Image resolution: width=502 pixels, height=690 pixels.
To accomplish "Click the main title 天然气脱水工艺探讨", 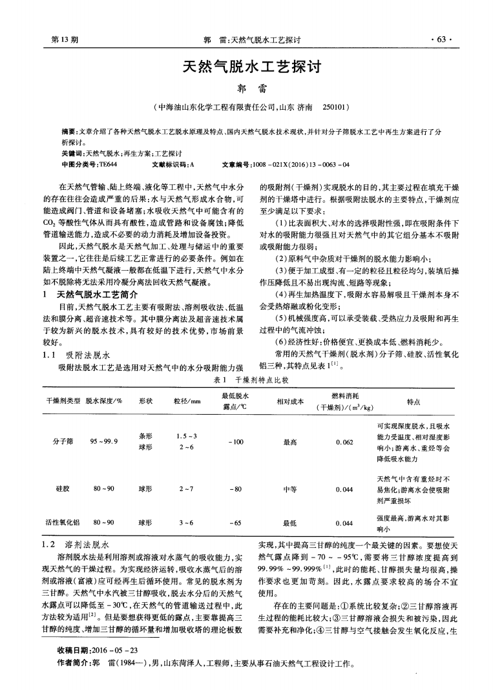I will click(x=251, y=66).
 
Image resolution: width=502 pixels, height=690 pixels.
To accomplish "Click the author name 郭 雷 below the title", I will click(x=251, y=87).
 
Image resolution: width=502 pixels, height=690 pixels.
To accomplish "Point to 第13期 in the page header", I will click(x=65, y=39).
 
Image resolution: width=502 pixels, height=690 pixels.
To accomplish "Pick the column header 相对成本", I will click(x=289, y=401).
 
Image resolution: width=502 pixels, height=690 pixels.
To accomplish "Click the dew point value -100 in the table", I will click(x=235, y=441).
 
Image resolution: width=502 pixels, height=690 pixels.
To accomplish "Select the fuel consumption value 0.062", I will click(x=344, y=441).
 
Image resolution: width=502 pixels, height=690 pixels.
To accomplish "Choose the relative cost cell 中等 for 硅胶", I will click(x=289, y=489).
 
